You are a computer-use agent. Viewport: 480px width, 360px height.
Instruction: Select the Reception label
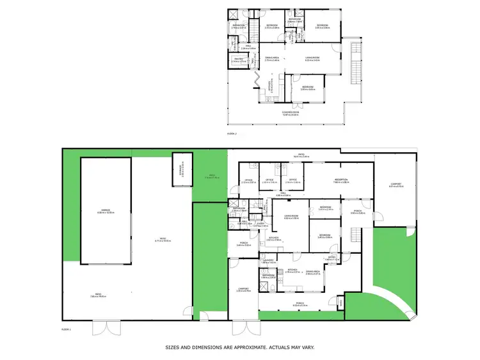click(x=340, y=180)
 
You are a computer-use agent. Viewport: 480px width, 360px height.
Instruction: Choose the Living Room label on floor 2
click(x=312, y=58)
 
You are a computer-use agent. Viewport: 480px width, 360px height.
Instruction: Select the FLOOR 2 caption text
click(x=232, y=133)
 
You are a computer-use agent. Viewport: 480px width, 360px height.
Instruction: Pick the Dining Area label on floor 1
click(x=313, y=271)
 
